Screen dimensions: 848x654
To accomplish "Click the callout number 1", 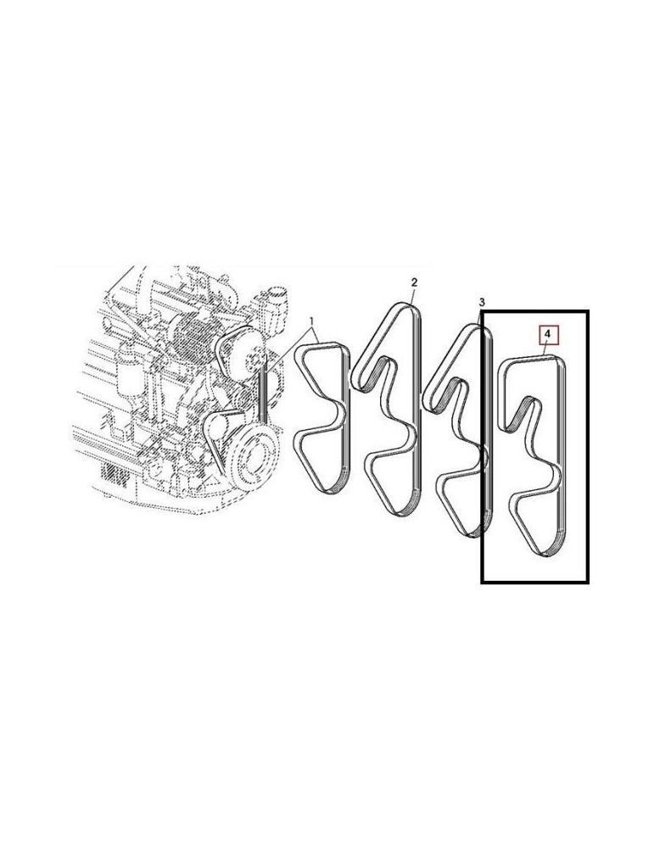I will pyautogui.click(x=312, y=322).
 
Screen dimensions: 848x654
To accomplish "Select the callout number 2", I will pyautogui.click(x=414, y=282).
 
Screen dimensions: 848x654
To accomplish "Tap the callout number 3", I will pyautogui.click(x=481, y=303).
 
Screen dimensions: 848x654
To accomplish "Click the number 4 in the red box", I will pyautogui.click(x=548, y=336).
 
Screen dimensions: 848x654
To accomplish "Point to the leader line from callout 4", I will pyautogui.click(x=545, y=351).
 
